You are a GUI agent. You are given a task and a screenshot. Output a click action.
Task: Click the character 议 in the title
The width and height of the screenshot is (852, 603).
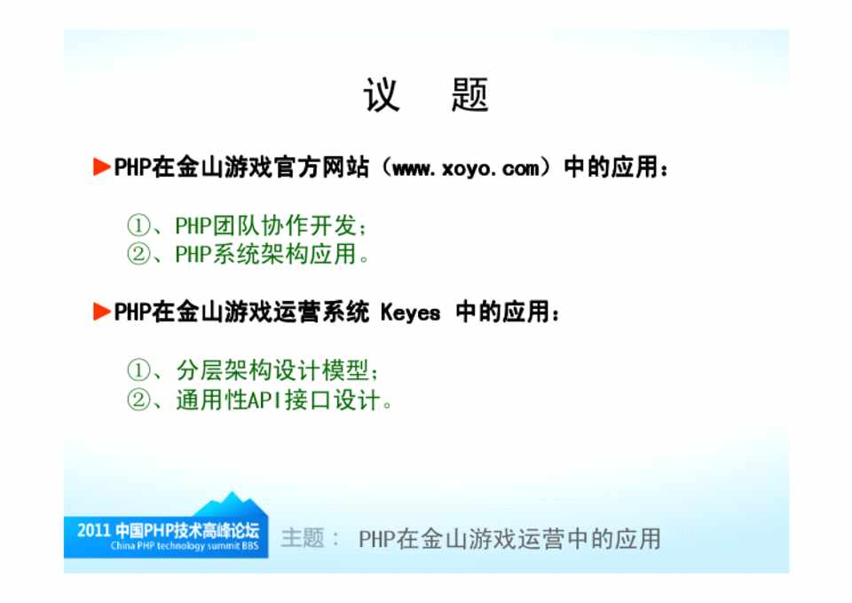click(382, 95)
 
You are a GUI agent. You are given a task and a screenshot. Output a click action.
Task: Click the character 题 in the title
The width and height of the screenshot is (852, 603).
click(470, 95)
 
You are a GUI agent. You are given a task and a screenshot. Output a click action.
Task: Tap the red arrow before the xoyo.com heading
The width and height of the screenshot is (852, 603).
click(101, 167)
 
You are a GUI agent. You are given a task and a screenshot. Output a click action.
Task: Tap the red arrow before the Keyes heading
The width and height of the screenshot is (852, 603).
click(101, 312)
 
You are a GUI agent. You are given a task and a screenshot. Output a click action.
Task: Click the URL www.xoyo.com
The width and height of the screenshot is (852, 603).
click(466, 168)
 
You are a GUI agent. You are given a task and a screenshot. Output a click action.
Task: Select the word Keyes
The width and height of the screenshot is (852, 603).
click(410, 313)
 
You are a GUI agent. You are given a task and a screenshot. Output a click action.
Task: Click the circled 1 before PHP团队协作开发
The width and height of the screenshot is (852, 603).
click(138, 225)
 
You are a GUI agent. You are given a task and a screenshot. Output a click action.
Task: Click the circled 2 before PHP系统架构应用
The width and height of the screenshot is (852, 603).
click(138, 254)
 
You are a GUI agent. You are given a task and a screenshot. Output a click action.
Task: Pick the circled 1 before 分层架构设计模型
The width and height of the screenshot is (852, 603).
click(138, 370)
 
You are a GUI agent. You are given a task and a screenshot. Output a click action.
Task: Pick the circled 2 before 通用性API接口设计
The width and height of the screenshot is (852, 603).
click(138, 400)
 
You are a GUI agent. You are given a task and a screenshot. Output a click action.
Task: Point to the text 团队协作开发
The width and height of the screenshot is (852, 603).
click(284, 226)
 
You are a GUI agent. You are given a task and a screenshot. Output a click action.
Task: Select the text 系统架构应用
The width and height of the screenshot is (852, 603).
click(284, 254)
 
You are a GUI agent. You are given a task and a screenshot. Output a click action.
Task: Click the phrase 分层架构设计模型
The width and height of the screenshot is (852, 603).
click(272, 371)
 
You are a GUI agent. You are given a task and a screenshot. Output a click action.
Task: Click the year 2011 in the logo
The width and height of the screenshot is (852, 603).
click(93, 530)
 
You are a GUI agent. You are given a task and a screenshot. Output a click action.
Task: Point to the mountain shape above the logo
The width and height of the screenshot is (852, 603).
click(231, 504)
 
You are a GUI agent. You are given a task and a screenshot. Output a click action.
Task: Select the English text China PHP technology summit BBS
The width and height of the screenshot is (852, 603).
click(185, 546)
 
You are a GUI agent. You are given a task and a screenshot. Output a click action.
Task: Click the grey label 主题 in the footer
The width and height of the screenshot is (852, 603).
click(303, 538)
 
